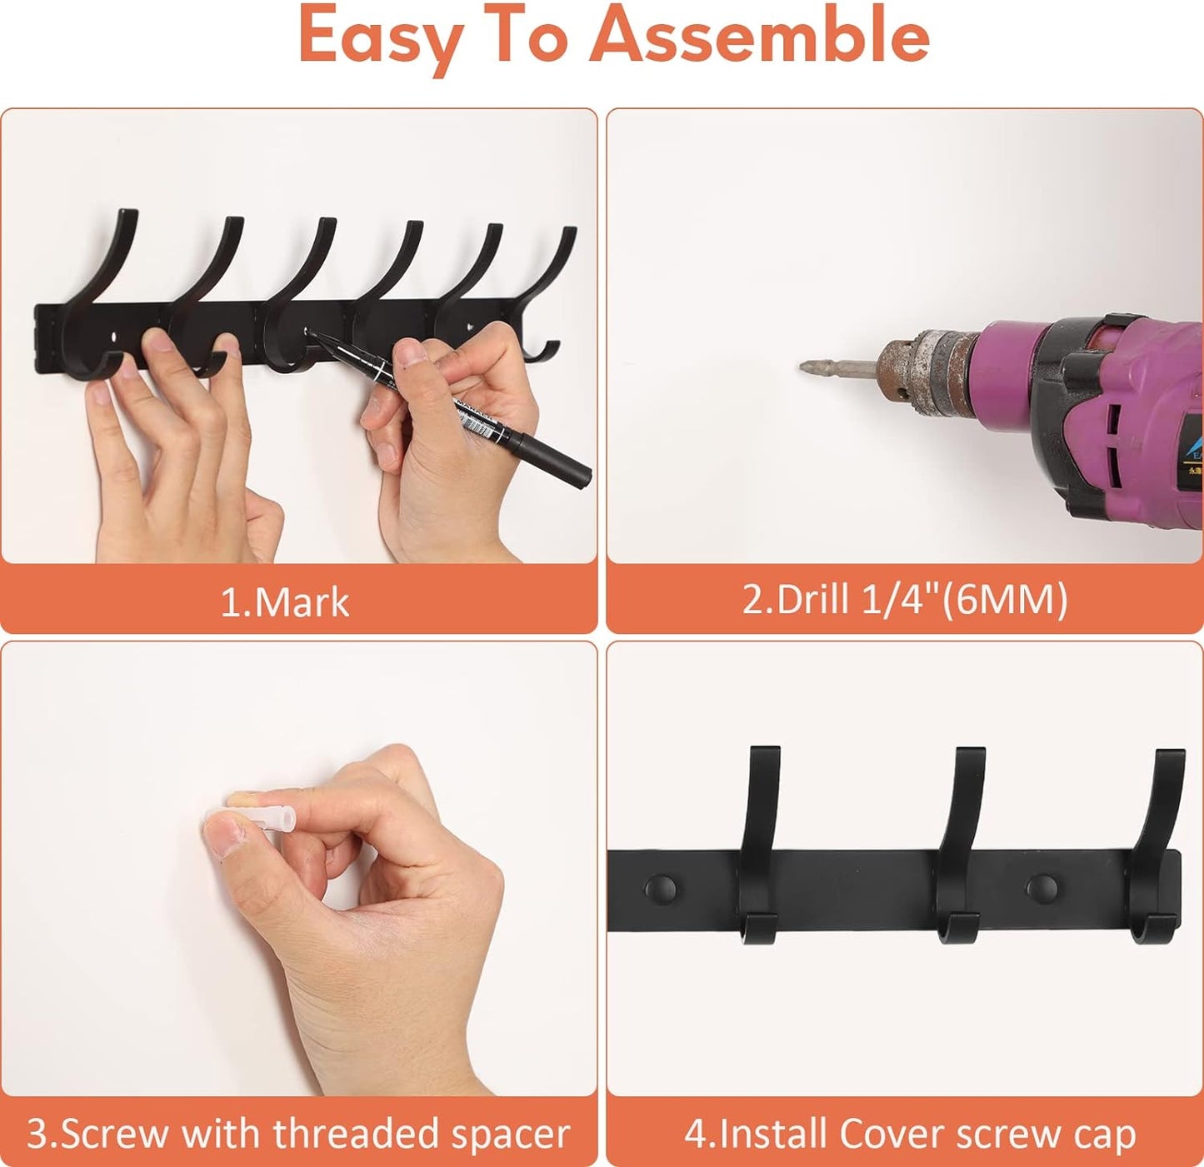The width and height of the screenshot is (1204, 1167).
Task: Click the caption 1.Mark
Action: [x=285, y=602]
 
